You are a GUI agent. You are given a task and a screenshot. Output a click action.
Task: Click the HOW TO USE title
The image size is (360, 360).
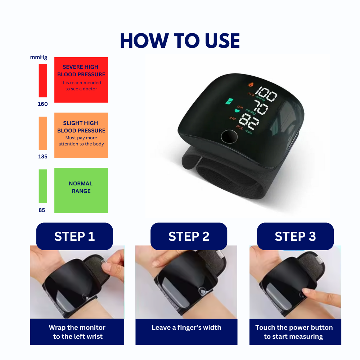[180, 41]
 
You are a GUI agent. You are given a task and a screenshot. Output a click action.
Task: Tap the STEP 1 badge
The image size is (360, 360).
[75, 237]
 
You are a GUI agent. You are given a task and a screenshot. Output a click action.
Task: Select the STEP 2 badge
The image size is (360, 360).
[189, 237]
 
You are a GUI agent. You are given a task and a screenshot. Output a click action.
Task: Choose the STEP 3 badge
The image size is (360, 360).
[295, 237]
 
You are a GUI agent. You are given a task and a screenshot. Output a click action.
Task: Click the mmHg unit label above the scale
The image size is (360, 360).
[39, 57]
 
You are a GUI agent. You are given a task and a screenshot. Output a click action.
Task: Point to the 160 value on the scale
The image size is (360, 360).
[42, 104]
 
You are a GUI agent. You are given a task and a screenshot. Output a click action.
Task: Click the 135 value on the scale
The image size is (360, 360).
[42, 157]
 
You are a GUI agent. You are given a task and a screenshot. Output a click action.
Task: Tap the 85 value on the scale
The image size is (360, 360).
[42, 210]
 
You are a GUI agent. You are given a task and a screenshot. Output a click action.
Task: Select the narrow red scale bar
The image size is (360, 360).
[43, 80]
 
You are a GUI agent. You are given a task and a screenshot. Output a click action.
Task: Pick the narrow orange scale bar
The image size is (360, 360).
[43, 133]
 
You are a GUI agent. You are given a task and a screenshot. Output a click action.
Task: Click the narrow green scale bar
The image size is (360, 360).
[43, 186]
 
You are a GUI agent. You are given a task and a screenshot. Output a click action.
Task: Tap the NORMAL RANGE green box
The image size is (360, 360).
[81, 190]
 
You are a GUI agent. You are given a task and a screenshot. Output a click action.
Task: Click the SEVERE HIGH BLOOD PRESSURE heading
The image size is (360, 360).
[81, 71]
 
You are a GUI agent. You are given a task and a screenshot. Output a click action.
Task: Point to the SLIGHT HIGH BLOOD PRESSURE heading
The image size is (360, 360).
[81, 127]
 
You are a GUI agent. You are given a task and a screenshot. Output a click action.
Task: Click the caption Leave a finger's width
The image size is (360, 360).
[186, 328]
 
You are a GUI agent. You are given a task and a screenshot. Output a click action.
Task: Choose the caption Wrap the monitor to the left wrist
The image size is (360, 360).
[77, 332]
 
